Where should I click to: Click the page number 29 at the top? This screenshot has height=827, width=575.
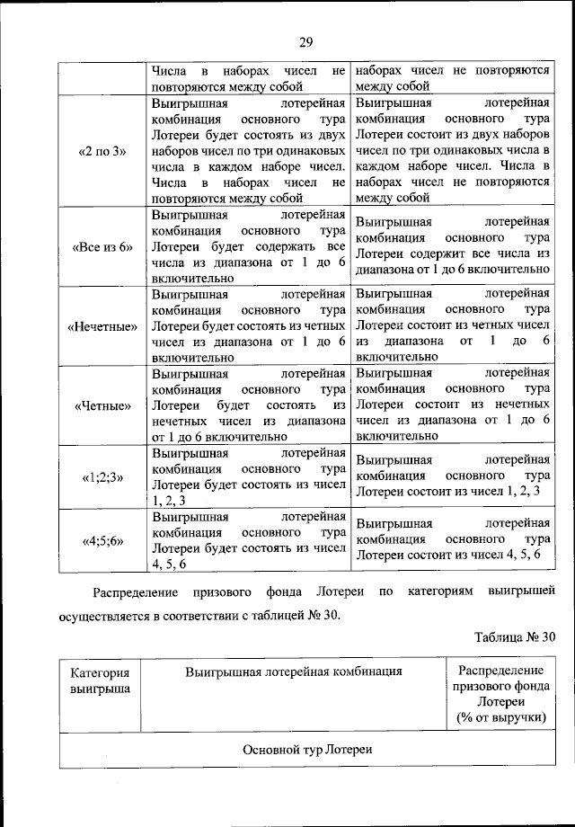pos(305,42)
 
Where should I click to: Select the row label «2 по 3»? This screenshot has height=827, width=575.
pos(102,151)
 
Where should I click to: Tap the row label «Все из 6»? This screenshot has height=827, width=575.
pos(101,247)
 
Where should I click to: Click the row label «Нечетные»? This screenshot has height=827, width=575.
pos(102,325)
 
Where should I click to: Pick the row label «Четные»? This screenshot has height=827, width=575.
pos(102,405)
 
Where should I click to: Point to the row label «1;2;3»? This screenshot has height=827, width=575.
pos(102,477)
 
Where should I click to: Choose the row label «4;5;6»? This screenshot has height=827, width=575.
pos(102,541)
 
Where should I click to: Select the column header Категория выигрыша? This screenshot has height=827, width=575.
pos(100,680)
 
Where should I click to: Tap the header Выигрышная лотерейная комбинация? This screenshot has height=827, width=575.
pos(293,671)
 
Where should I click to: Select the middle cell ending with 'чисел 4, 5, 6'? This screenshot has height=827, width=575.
pos(249,541)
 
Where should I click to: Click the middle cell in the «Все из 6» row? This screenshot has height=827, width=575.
pos(249,247)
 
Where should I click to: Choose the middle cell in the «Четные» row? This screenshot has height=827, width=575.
pos(249,405)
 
